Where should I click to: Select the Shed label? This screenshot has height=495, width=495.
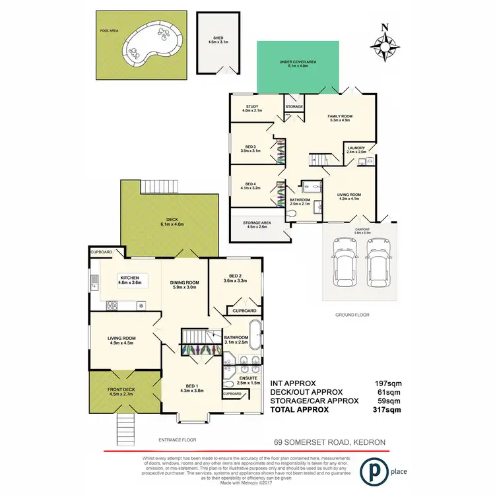click(218, 40)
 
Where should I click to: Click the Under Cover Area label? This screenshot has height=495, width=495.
click(298, 64)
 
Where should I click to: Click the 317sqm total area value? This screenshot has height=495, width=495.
click(387, 409)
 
